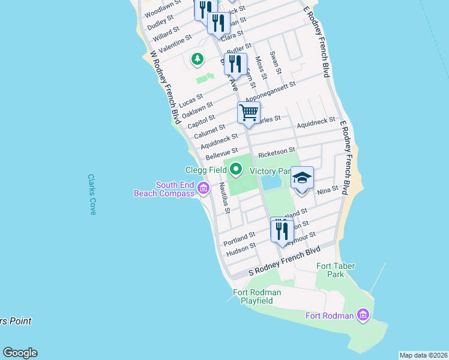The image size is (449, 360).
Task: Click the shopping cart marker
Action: click(x=249, y=112)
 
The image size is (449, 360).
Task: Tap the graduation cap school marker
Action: click(x=302, y=178)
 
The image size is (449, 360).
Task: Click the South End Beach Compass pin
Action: click(x=203, y=189)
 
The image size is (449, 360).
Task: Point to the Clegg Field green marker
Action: click(x=236, y=170)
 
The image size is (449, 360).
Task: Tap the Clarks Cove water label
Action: click(x=91, y=195)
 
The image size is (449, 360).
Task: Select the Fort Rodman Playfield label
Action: click(x=257, y=296)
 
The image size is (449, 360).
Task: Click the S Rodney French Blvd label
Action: click(x=285, y=262)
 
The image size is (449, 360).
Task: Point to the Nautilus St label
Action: click(x=224, y=197)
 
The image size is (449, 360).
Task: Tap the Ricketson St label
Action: click(x=277, y=154)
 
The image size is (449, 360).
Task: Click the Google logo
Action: click(x=20, y=353)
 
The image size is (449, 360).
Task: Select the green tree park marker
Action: click(x=197, y=59)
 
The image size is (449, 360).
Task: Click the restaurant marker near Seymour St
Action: click(x=282, y=229)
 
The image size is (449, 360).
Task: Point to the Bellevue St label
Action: click(x=221, y=154)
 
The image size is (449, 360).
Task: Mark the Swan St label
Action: click(x=277, y=62)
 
